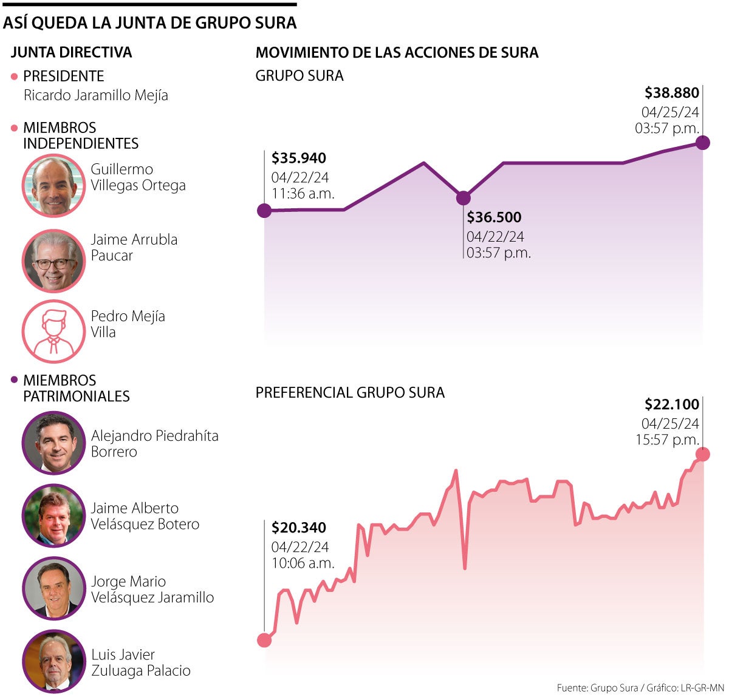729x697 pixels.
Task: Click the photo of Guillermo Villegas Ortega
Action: click(x=53, y=185)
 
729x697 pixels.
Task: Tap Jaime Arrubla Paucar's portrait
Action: click(x=53, y=260)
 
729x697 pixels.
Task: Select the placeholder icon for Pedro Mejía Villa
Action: click(x=53, y=331)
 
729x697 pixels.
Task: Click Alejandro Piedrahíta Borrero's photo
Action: click(x=53, y=443)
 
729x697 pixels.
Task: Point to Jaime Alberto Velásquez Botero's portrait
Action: click(x=53, y=516)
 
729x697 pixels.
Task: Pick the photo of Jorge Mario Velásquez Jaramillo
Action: click(x=53, y=589)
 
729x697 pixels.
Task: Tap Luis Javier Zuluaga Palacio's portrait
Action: click(x=53, y=662)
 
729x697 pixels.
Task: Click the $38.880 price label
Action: click(x=671, y=93)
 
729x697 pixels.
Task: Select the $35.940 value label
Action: click(x=299, y=158)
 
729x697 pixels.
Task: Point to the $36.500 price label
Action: click(x=494, y=217)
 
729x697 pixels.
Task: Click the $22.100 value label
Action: click(x=671, y=404)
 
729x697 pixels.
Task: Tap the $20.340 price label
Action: click(x=299, y=528)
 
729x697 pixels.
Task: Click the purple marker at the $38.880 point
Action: click(x=703, y=143)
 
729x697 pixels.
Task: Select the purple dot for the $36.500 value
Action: click(x=463, y=198)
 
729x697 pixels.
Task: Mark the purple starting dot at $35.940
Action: click(x=264, y=211)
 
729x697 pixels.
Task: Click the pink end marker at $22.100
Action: click(x=703, y=454)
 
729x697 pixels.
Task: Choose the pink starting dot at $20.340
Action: click(x=264, y=640)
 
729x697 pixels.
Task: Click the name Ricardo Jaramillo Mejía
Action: click(x=96, y=95)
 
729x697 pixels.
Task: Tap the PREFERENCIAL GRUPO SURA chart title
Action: click(x=350, y=393)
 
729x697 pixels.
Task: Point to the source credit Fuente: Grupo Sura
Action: click(x=597, y=688)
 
